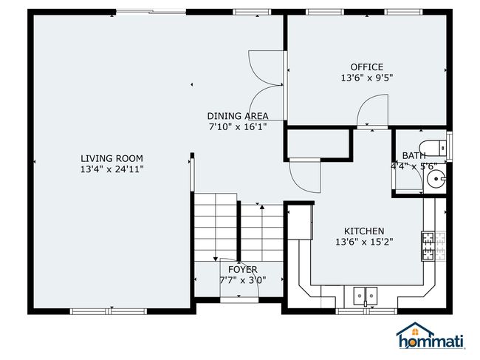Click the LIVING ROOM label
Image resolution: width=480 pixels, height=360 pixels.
[x=112, y=158]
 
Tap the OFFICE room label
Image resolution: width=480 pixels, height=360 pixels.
[x=367, y=67]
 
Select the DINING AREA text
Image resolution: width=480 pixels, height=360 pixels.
[x=238, y=116]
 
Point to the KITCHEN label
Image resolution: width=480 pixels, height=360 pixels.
[x=364, y=231]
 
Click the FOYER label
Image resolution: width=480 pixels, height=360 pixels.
[x=243, y=270]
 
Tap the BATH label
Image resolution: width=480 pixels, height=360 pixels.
[x=414, y=156]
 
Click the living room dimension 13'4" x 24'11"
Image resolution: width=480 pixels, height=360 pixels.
[x=112, y=169]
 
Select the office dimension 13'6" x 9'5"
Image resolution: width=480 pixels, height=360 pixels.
[x=367, y=78]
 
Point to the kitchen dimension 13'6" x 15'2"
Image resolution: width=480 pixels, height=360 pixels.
[x=364, y=242]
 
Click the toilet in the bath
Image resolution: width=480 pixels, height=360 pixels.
[x=433, y=149]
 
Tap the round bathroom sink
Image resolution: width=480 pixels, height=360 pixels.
[x=436, y=179]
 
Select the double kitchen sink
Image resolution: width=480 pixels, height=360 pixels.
[x=366, y=296]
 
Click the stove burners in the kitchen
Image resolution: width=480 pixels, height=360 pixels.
[x=428, y=246]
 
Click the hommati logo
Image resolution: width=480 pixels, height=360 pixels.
[x=431, y=336]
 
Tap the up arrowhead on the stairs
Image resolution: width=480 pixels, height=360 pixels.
[x=262, y=207]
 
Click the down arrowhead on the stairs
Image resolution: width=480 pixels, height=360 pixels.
[x=216, y=259]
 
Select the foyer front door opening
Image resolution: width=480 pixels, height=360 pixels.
[x=239, y=299]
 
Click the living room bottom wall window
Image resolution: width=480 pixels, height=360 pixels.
[x=109, y=311]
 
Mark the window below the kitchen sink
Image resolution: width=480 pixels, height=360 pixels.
[x=366, y=311]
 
